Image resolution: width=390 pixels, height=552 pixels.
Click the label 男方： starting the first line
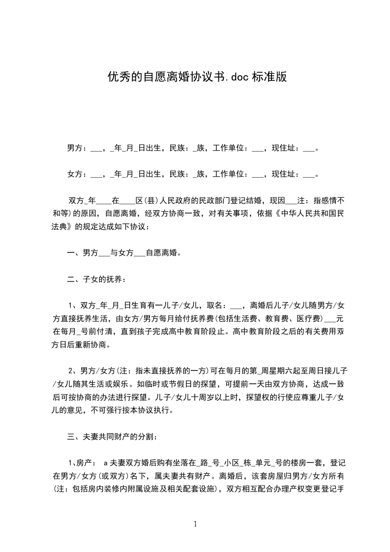pyautogui.click(x=77, y=148)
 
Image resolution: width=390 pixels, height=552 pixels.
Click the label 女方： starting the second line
pyautogui.click(x=77, y=174)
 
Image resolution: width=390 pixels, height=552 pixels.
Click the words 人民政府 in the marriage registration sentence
pyautogui.click(x=178, y=201)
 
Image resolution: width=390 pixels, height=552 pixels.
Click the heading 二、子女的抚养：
pyautogui.click(x=96, y=280)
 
